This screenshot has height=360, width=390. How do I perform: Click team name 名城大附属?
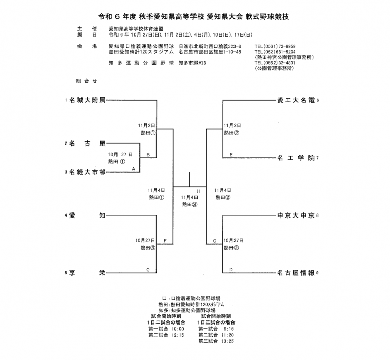point(87,100)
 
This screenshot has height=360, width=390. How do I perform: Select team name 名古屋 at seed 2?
point(87,143)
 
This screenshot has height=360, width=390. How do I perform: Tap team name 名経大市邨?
point(87,172)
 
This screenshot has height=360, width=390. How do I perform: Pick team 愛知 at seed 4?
point(87,216)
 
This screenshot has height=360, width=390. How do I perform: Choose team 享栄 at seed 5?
point(87,273)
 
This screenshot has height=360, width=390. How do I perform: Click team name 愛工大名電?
point(296,100)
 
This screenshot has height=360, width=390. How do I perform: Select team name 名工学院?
point(296,158)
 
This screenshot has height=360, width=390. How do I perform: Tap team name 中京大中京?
point(296,216)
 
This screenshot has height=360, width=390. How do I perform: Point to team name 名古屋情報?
point(296,273)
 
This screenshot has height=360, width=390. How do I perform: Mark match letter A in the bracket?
point(133,168)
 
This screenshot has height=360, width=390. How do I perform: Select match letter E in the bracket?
point(231,154)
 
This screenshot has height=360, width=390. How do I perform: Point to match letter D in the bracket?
point(231,269)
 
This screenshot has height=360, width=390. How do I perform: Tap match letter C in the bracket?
point(148,269)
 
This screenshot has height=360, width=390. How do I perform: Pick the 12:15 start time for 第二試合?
point(177,335)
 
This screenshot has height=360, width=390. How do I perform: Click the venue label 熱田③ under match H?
point(189,204)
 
